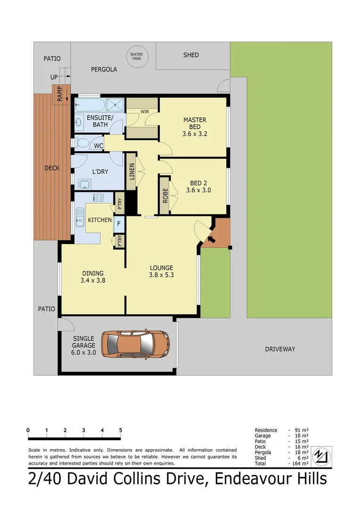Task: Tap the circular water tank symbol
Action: pyautogui.click(x=136, y=57)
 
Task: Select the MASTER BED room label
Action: pyautogui.click(x=195, y=127)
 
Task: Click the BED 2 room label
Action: pyautogui.click(x=198, y=187)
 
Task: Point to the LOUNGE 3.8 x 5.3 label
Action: pyautogui.click(x=162, y=271)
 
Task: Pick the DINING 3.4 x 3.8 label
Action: pyautogui.click(x=92, y=277)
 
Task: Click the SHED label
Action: pyautogui.click(x=191, y=55)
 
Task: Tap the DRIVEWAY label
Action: pyautogui.click(x=280, y=349)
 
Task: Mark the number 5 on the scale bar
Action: pyautogui.click(x=121, y=430)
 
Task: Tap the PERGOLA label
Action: pyautogui.click(x=104, y=69)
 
